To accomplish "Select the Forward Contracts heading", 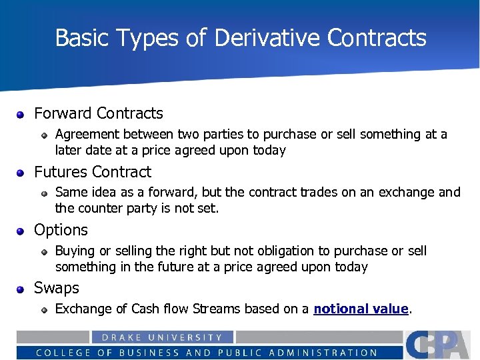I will click(x=98, y=113).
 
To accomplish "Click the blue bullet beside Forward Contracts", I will click(x=21, y=114).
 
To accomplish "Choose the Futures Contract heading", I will click(x=93, y=171).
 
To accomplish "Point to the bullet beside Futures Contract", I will click(x=21, y=173).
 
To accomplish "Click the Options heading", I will click(x=61, y=230).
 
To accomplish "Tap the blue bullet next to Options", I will click(x=21, y=231).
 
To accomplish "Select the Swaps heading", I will click(x=57, y=288).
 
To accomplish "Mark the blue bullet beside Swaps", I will click(x=21, y=289).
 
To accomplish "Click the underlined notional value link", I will click(x=361, y=309).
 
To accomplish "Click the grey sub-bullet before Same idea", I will click(x=43, y=193).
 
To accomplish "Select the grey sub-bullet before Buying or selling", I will click(x=43, y=251).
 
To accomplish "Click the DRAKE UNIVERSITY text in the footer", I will click(x=162, y=338).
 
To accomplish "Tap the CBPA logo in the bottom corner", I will click(x=440, y=344).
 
